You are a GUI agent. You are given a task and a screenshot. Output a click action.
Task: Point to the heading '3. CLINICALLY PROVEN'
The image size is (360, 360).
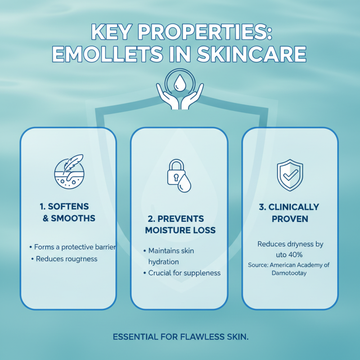coord(290,213)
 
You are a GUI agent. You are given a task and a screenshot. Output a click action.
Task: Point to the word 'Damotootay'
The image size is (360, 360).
coord(289,273)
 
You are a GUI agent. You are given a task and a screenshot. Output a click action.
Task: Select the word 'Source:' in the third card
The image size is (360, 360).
coord(258,265)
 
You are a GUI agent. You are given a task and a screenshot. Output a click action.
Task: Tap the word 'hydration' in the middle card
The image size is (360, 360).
coord(164,261)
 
